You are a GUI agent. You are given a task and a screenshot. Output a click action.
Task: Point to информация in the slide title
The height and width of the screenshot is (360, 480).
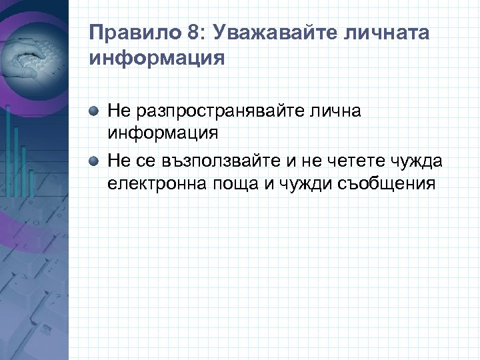pyautogui.click(x=157, y=57)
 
